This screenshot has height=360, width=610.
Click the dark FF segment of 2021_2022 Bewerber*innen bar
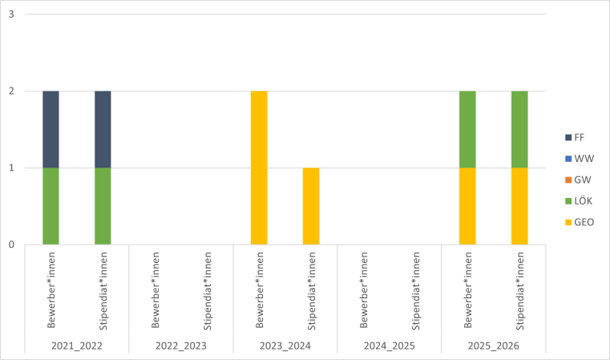click(50, 129)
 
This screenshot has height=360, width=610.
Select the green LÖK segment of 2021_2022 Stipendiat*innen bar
click(103, 205)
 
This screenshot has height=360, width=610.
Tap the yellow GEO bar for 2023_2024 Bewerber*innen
click(259, 168)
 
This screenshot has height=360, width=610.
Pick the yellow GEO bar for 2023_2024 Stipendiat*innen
click(311, 205)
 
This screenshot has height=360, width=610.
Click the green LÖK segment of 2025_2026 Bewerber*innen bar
click(467, 129)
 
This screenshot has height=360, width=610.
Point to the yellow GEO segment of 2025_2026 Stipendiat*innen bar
click(519, 205)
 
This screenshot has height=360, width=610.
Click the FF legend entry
click(575, 137)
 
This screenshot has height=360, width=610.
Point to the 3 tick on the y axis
click(11, 14)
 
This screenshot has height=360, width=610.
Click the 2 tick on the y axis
click(11, 91)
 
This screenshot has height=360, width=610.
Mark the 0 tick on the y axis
click(11, 245)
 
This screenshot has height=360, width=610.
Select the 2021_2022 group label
click(76, 346)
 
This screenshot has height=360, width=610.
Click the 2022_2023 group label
click(180, 346)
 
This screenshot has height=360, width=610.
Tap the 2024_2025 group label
click(389, 346)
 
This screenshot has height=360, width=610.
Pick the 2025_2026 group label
click(493, 346)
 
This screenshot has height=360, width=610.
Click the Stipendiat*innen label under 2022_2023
click(208, 290)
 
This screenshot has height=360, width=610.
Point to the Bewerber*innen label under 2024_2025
click(364, 290)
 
